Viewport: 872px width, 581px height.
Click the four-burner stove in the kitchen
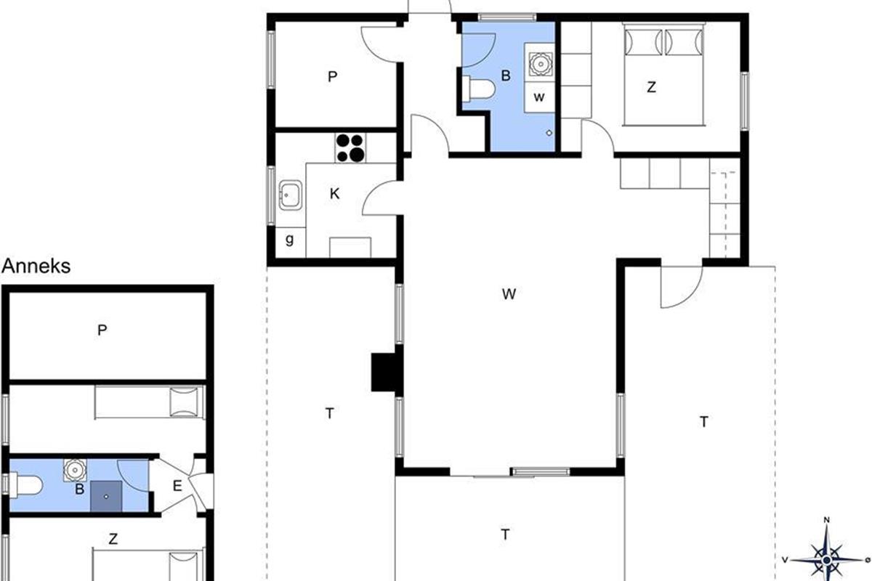(350, 148)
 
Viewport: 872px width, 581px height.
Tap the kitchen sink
(291, 195)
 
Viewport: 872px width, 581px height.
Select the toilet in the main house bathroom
(478, 89)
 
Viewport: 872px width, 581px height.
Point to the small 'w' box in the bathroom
(539, 97)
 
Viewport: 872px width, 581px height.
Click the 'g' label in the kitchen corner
(289, 240)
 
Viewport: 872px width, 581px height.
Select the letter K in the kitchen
(334, 193)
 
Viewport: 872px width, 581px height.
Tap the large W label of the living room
(509, 294)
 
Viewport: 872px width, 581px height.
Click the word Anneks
(36, 267)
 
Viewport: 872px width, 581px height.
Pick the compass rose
(827, 560)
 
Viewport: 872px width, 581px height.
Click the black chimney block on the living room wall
(384, 372)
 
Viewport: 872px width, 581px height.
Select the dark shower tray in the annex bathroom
(106, 496)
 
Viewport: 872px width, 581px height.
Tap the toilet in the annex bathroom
(26, 485)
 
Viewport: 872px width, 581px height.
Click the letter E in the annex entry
(177, 486)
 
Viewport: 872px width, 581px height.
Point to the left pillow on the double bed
(644, 42)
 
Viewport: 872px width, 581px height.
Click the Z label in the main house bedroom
(651, 87)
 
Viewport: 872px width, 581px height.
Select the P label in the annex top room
(102, 330)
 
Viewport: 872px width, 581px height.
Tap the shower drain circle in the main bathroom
(549, 133)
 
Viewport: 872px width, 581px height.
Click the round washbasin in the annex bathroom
(75, 470)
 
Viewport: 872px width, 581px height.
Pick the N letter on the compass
(827, 520)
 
